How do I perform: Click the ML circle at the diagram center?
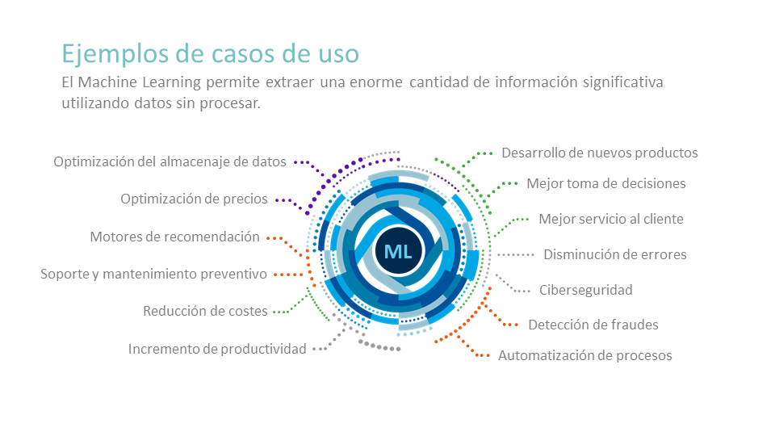pyautogui.click(x=398, y=251)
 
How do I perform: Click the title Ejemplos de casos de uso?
pyautogui.click(x=210, y=54)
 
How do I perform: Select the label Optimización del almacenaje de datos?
pyautogui.click(x=170, y=161)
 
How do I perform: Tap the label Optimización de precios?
pyautogui.click(x=195, y=199)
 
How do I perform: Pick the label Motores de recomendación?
pyautogui.click(x=174, y=237)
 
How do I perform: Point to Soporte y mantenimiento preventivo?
pyautogui.click(x=153, y=274)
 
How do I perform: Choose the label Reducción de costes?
pyautogui.click(x=205, y=311)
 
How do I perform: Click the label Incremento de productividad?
pyautogui.click(x=217, y=349)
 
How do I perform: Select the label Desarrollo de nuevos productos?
pyautogui.click(x=600, y=153)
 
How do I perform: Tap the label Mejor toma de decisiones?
pyautogui.click(x=606, y=183)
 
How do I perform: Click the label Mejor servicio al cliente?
pyautogui.click(x=611, y=219)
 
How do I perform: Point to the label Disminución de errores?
pyautogui.click(x=615, y=254)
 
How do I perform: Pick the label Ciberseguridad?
pyautogui.click(x=586, y=290)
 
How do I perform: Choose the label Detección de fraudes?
pyautogui.click(x=593, y=325)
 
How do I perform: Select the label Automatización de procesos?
pyautogui.click(x=584, y=355)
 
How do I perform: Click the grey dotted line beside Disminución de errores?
pyautogui.click(x=516, y=255)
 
